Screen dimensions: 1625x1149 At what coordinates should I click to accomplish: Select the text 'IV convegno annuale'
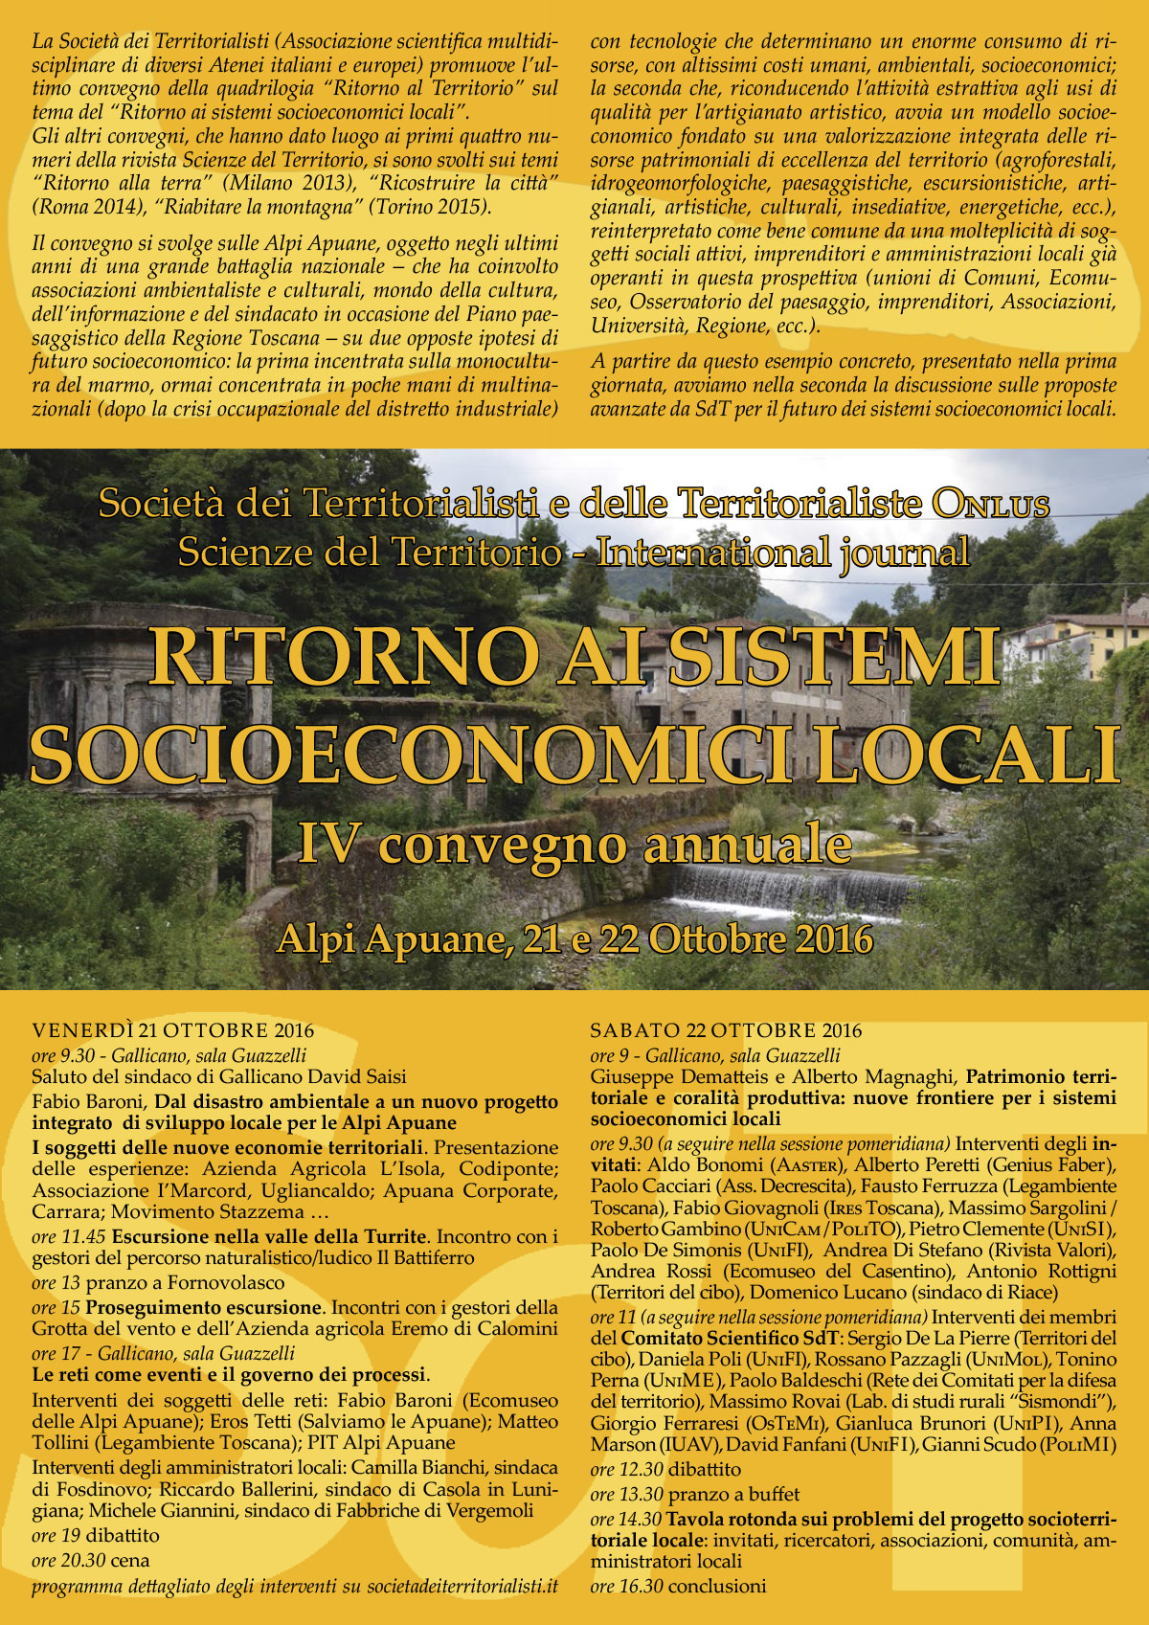[574, 845]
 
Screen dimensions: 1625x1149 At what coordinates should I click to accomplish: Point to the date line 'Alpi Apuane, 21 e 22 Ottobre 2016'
[574, 939]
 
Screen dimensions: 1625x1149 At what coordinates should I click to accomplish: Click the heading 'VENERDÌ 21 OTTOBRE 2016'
[173, 1031]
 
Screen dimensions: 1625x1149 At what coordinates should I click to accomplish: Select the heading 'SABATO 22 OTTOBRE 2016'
[726, 1031]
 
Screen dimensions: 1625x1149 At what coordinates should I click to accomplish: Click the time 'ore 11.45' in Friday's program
[70, 1236]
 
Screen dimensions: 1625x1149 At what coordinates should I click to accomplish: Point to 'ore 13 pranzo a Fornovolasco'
[159, 1283]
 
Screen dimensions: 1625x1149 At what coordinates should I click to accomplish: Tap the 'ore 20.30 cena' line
[91, 1561]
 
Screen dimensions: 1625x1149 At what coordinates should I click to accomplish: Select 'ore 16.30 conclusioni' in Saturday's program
[678, 1586]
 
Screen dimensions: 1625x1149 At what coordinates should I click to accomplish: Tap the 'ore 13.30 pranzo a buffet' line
[695, 1494]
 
